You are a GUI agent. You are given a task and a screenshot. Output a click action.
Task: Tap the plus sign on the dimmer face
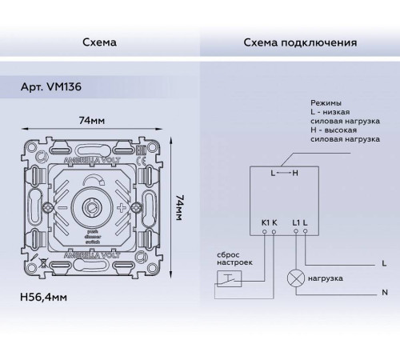122,207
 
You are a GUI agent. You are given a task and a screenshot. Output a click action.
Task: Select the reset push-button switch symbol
228,278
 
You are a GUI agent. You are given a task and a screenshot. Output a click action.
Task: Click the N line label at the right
385,294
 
